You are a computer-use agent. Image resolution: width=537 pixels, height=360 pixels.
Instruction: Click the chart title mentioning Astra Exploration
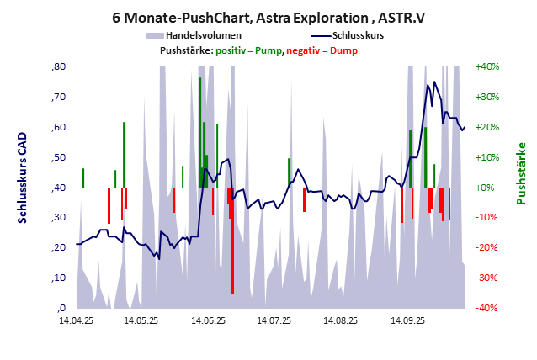268,16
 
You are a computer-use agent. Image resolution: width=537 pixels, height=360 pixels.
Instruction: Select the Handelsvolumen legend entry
204,35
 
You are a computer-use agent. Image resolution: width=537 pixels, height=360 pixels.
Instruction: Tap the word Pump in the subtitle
268,50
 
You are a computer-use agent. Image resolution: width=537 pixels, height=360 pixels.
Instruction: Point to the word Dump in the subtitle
343,50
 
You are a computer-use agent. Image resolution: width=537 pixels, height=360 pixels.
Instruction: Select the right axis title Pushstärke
521,173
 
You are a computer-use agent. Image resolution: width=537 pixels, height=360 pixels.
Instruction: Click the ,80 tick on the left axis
59,67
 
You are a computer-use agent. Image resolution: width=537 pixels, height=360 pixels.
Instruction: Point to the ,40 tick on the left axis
59,188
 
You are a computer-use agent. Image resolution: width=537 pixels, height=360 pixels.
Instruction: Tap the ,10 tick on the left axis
59,278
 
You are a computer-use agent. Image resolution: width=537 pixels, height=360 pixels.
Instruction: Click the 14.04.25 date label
76,320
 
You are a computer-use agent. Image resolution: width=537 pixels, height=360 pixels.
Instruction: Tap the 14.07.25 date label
274,320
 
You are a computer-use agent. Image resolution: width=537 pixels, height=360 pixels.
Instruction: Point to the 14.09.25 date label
406,320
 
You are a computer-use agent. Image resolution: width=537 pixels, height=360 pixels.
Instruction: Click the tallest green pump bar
199,126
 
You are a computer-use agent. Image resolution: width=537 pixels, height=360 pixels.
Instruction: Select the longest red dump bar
232,244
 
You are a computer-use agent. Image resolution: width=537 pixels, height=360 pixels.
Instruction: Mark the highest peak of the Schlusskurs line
434,82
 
